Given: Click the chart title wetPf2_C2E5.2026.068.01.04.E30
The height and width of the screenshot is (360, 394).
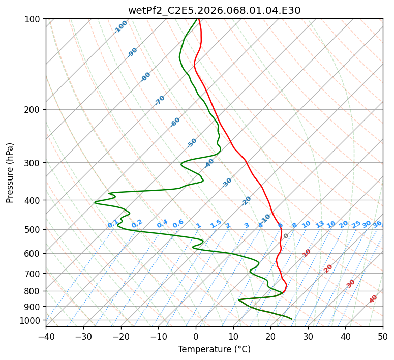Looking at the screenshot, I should [214, 10].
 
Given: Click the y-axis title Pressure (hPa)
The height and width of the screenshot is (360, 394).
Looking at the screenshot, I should [10, 173].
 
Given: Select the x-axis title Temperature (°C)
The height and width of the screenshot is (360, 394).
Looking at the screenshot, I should [214, 349].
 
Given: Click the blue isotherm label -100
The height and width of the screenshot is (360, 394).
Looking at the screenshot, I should [120, 27].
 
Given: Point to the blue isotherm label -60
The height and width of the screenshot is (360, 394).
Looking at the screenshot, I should [175, 122].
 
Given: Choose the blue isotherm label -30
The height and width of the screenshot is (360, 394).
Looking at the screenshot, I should [227, 183].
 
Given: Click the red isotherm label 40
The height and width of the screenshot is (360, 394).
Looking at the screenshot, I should [373, 299].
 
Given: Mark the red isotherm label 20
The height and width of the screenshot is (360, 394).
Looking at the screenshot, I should [328, 268].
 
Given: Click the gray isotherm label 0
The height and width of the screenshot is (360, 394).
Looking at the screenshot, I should [286, 236].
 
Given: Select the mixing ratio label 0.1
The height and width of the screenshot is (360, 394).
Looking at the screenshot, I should [113, 224].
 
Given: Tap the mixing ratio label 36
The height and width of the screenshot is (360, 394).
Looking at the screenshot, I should [377, 224].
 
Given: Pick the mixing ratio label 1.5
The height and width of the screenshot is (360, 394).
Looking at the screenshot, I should [216, 224].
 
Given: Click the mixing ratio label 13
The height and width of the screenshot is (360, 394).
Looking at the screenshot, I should [320, 224].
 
